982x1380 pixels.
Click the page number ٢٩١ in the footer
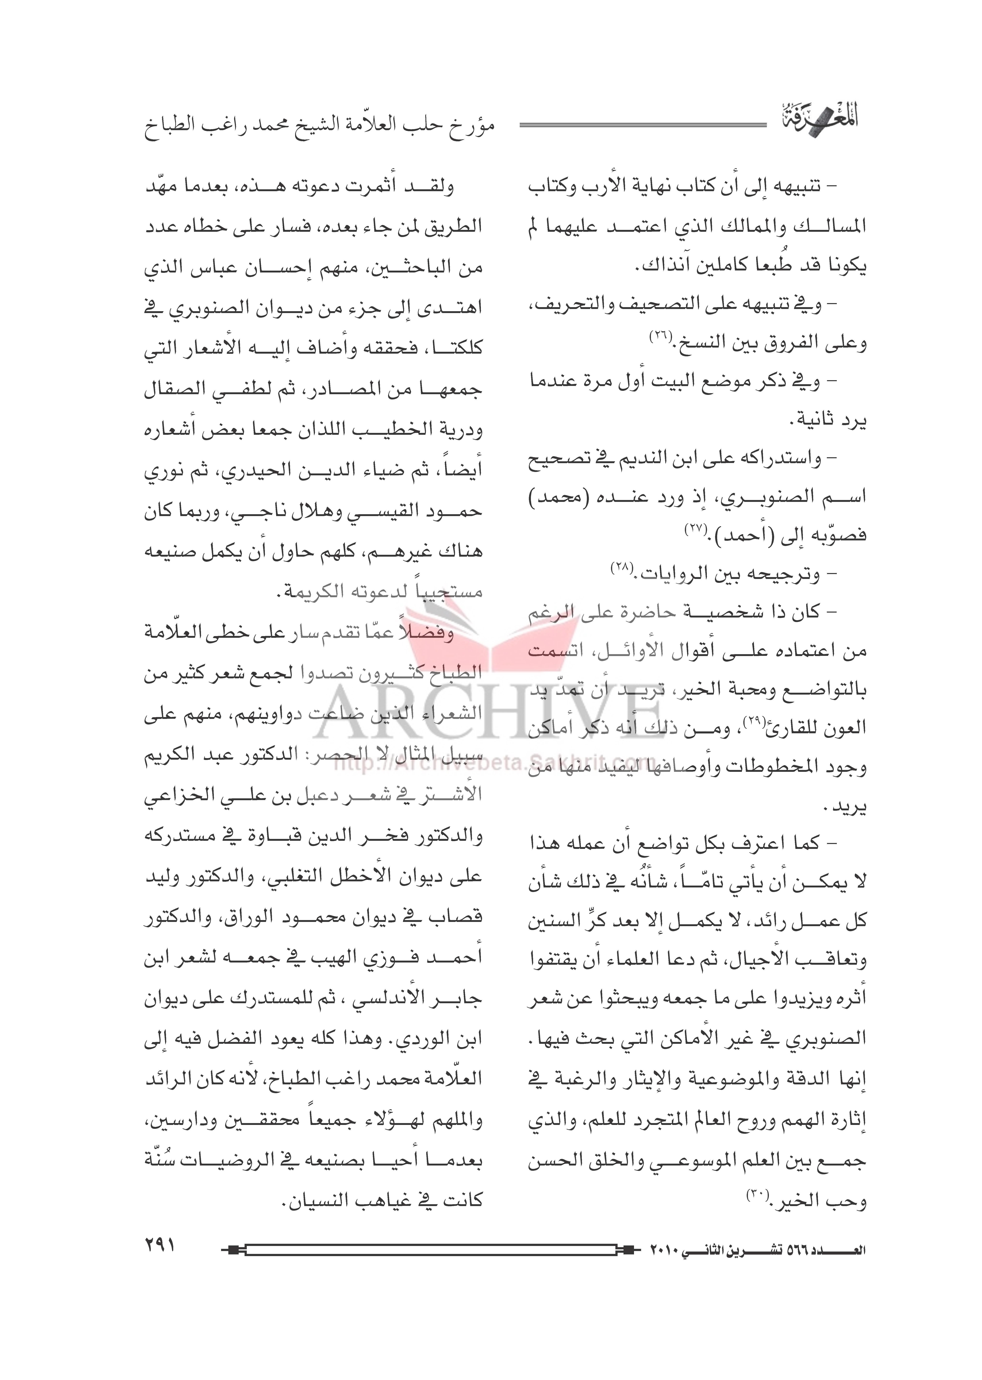(x=159, y=1246)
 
